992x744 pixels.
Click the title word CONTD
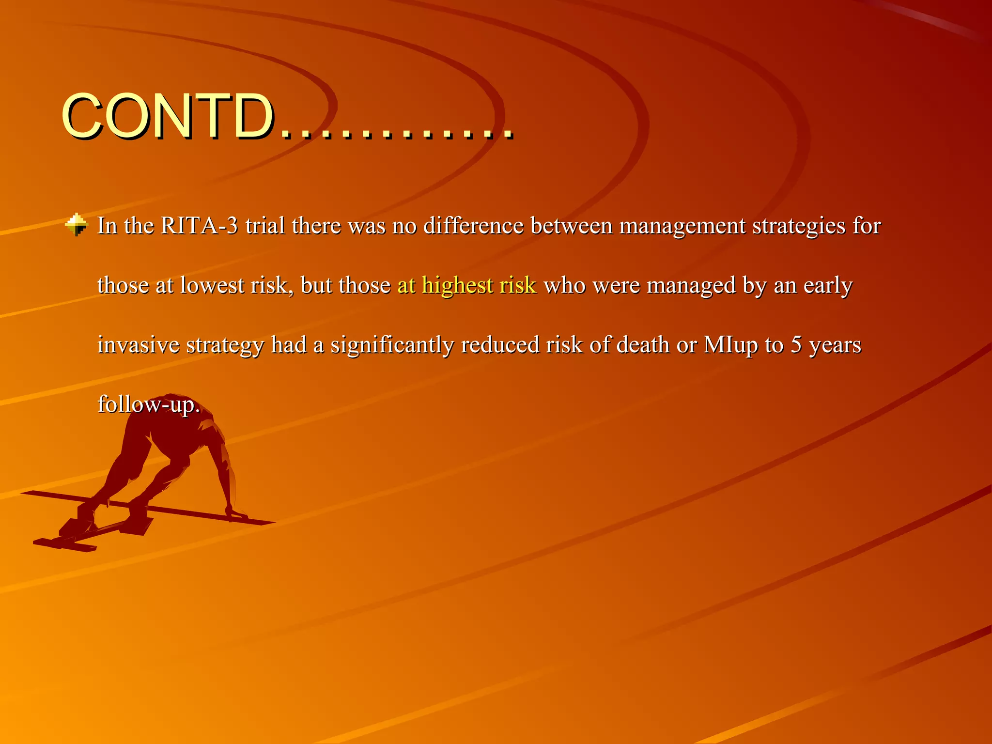pos(167,116)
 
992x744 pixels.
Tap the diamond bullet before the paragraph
pos(77,225)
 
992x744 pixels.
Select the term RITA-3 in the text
pos(199,226)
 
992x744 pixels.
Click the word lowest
pos(212,285)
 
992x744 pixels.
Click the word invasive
pos(138,345)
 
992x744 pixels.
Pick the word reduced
pos(500,345)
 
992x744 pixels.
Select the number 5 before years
pos(796,345)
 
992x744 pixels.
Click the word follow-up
pos(148,405)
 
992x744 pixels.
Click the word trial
pos(264,226)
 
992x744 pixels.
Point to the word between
pos(571,226)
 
